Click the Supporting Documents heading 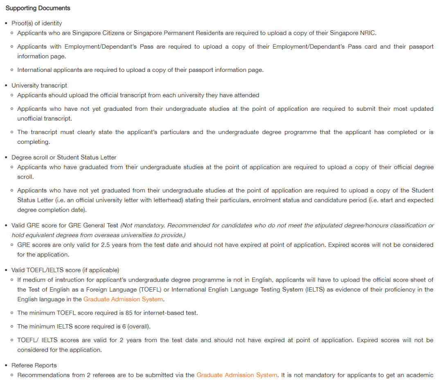38,8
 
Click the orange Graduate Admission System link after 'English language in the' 123,299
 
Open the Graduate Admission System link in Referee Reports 237,375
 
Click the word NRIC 368,33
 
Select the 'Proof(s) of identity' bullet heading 37,23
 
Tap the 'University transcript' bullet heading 39,85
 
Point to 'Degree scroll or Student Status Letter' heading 64,157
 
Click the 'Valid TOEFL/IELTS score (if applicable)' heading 65,270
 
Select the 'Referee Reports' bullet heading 34,365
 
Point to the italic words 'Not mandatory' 142,226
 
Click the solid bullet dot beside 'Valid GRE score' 6,226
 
